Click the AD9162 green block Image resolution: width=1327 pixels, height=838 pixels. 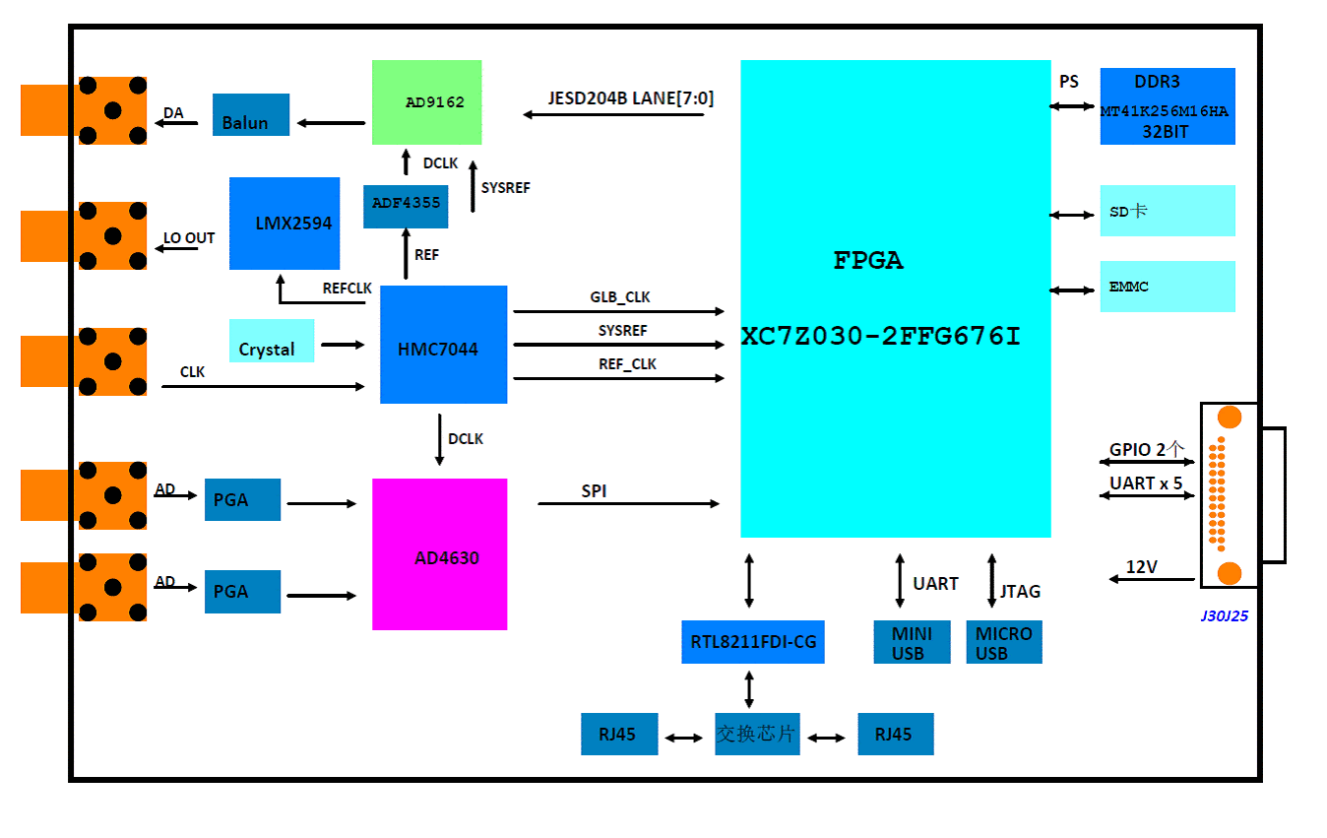(426, 102)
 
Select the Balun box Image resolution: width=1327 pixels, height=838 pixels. (251, 115)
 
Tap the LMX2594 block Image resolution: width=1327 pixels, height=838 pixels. (284, 224)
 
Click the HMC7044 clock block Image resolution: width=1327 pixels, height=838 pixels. (443, 345)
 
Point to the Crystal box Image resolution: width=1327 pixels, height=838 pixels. (272, 341)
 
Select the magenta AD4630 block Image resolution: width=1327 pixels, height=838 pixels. (439, 554)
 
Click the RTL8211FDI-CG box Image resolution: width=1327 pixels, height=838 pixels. (753, 642)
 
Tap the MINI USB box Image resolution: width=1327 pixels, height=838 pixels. (913, 642)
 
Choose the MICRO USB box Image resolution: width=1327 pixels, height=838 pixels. (1004, 642)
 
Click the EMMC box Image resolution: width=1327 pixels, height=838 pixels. (1168, 287)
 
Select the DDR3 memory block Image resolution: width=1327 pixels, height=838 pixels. (1168, 106)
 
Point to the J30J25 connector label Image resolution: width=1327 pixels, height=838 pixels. (1225, 616)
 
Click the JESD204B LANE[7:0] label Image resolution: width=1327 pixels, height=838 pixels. (631, 98)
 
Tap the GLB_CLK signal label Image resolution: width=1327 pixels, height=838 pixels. (620, 297)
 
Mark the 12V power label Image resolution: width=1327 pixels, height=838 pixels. (1142, 567)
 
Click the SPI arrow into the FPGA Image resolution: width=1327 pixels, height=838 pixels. (628, 504)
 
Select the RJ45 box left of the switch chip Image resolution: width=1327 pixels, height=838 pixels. (619, 735)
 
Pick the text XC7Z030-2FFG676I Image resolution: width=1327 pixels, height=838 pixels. (881, 338)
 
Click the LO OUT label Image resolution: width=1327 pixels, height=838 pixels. (189, 238)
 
